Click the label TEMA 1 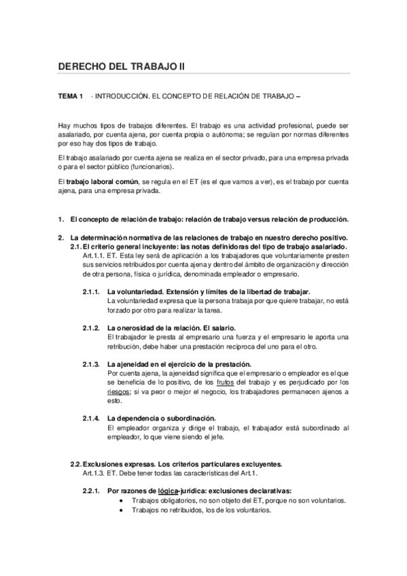coord(70,97)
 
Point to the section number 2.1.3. coord(92,365)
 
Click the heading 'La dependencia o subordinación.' coord(162,418)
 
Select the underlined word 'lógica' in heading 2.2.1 coord(169,491)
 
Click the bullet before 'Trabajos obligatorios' coord(121,501)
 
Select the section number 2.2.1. coord(92,491)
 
